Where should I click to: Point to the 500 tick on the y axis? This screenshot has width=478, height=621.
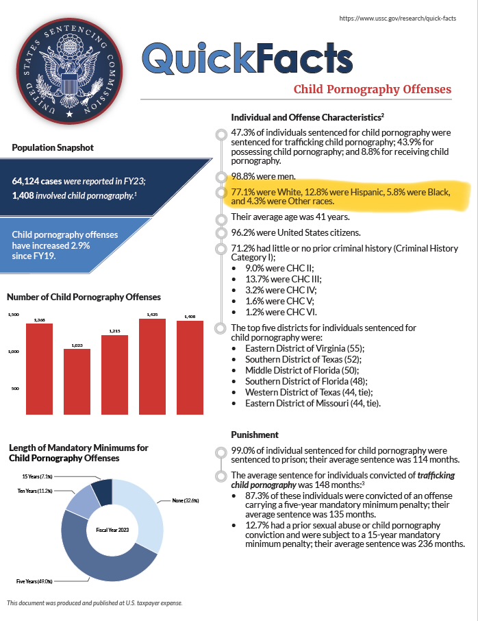(x=14, y=389)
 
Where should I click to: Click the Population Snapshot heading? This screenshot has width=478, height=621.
(x=53, y=147)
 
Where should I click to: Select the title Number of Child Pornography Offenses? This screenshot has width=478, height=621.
(x=84, y=297)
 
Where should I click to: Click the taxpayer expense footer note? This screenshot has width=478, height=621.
(x=95, y=603)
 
